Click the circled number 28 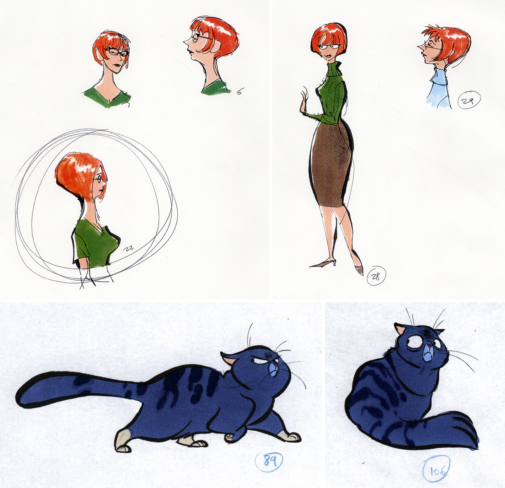point(376,277)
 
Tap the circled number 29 point(469,100)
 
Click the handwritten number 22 point(129,248)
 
